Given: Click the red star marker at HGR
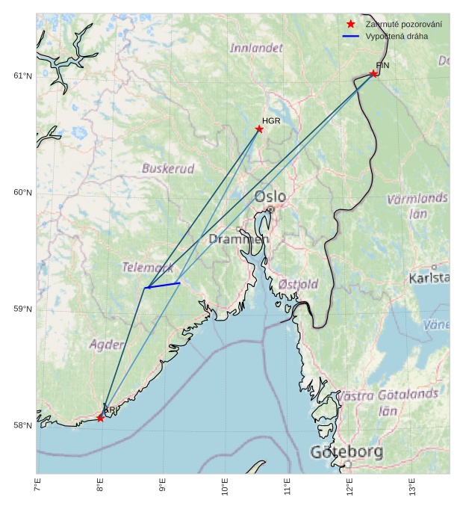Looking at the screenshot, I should tap(259, 129).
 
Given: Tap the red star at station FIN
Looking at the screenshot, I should tap(373, 73).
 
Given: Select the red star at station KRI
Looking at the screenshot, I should tap(100, 418).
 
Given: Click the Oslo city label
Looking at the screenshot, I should tap(270, 197).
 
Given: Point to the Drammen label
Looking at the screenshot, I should tap(238, 239).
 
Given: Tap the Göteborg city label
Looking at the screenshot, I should tap(347, 452).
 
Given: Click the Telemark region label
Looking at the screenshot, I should tap(148, 267).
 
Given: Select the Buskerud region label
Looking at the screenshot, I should tap(168, 169).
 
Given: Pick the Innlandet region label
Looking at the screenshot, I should tap(256, 48).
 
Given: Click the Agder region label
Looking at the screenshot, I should tap(106, 345).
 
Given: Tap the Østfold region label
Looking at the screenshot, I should tap(298, 284).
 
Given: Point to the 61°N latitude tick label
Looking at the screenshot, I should tap(22, 76).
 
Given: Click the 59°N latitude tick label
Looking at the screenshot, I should tap(22, 309).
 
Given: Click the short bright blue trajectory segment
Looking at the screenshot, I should tap(163, 285).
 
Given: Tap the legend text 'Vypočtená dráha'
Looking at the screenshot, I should tap(396, 36).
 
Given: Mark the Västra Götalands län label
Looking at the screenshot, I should tap(388, 402).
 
